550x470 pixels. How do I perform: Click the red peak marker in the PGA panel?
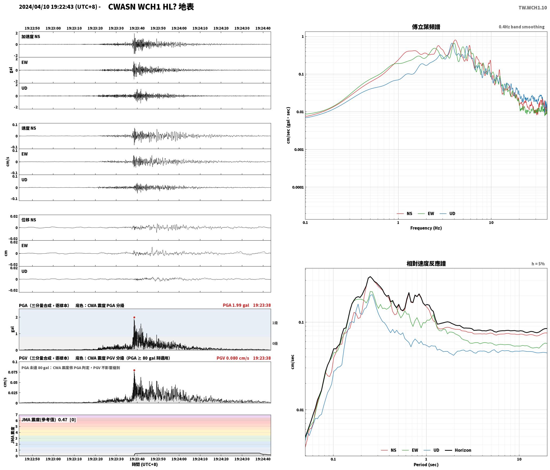134,318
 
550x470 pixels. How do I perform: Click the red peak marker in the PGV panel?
134,370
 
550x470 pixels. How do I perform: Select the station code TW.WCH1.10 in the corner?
533,8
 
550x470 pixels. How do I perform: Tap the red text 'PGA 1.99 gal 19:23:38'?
247,305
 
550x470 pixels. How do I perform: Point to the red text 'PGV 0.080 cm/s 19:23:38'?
244,358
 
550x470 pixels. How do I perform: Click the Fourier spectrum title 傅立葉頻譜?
426,27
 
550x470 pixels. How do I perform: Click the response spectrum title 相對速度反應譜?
426,264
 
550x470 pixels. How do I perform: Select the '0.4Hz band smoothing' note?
522,27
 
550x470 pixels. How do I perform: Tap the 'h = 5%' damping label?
538,264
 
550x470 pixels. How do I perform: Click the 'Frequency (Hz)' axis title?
426,228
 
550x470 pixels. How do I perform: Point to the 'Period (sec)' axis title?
426,465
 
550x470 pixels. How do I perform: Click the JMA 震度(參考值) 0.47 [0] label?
49,420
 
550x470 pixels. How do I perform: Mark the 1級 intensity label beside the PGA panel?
275,323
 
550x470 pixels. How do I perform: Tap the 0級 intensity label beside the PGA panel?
275,343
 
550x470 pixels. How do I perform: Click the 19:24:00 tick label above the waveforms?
179,28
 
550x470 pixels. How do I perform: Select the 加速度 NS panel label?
31,37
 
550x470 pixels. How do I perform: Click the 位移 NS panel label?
29,220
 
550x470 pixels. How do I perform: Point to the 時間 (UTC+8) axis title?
145,464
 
